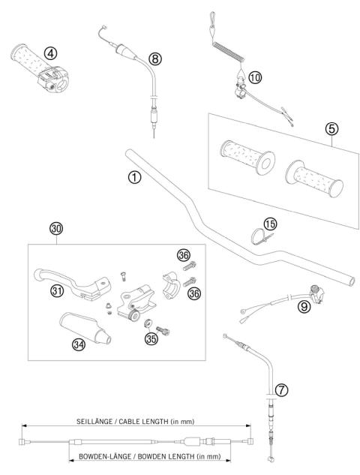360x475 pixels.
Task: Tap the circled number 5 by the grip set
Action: click(x=331, y=128)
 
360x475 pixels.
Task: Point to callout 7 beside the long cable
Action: click(x=279, y=389)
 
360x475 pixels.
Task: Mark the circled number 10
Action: click(x=256, y=77)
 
